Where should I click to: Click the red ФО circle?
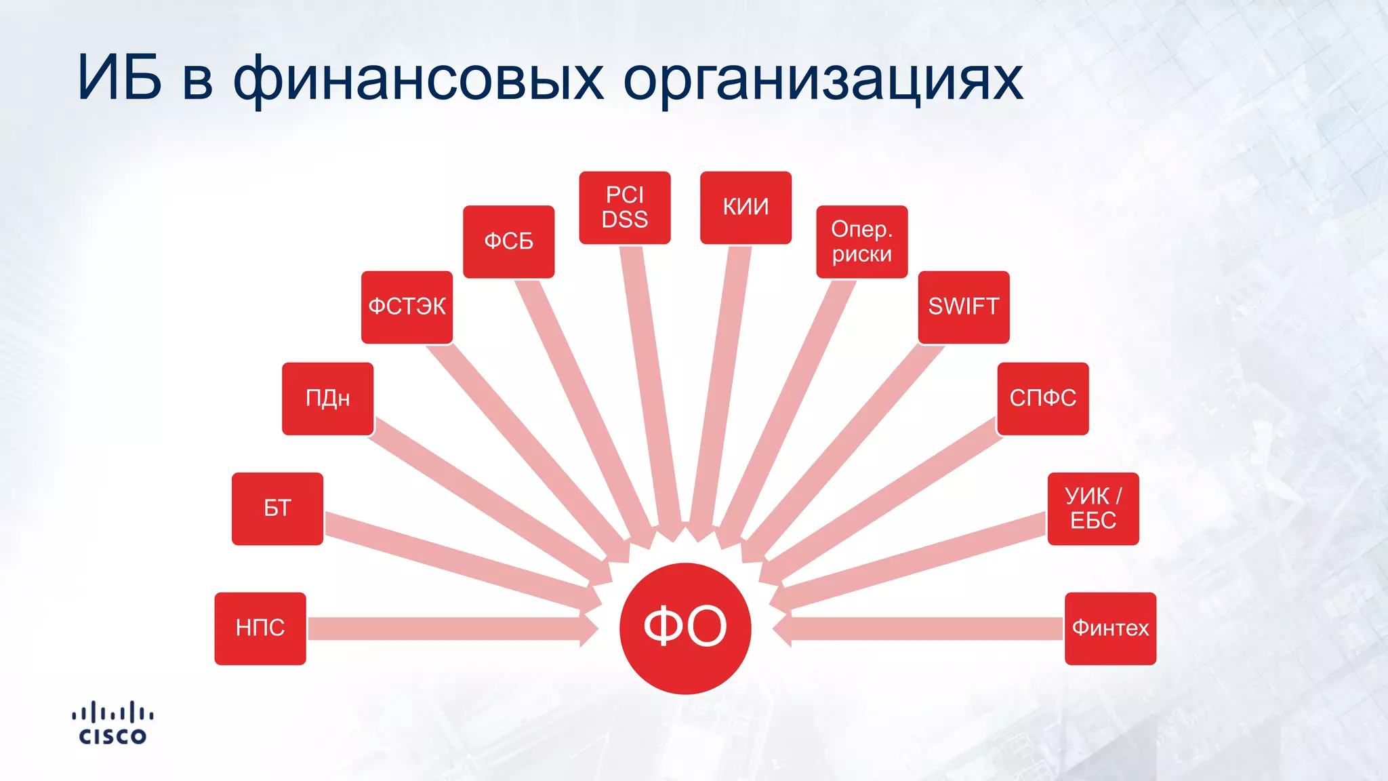tap(685, 628)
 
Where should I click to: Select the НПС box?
tap(260, 628)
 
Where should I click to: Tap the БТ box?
tap(277, 508)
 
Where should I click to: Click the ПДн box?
tap(328, 399)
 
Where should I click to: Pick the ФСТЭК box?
tap(407, 307)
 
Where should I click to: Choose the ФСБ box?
tap(508, 241)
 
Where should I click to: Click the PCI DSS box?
tap(625, 207)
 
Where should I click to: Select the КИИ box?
tap(746, 207)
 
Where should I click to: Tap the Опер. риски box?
tap(861, 241)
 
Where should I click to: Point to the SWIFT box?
tap(963, 307)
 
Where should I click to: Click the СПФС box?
tap(1042, 399)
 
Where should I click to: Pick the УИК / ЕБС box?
tap(1093, 508)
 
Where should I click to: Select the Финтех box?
tap(1110, 628)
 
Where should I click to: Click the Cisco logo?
tap(113, 723)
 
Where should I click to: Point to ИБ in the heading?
tap(120, 79)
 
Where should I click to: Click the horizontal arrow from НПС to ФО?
tap(447, 629)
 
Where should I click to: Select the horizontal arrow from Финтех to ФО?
tap(922, 629)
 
